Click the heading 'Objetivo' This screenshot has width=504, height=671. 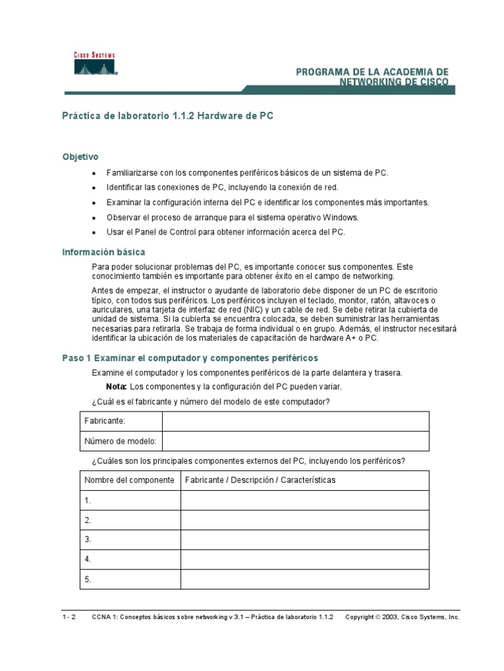click(80, 157)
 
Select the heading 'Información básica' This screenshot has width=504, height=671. click(104, 252)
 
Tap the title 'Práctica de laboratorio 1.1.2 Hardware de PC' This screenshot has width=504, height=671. click(167, 116)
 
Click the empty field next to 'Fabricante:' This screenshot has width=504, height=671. click(295, 421)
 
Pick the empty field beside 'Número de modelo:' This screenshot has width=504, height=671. click(295, 441)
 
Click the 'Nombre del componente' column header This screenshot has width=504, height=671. click(129, 480)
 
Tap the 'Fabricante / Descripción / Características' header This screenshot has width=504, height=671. click(261, 480)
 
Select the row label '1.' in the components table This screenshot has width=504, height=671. click(88, 501)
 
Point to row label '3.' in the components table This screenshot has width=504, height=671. click(88, 540)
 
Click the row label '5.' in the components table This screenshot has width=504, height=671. click(88, 579)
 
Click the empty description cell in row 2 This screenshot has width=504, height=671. click(305, 520)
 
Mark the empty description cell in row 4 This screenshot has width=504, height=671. click(305, 560)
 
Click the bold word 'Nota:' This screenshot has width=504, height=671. click(116, 387)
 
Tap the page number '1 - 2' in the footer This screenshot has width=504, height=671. click(69, 617)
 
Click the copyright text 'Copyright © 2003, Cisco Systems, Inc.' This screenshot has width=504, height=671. click(402, 617)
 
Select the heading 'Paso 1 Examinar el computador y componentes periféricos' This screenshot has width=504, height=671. click(190, 358)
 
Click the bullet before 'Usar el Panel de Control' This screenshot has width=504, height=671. click(94, 233)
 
